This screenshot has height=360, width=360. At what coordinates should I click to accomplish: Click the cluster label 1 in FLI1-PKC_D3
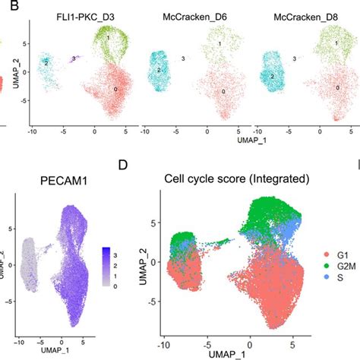coord(109,37)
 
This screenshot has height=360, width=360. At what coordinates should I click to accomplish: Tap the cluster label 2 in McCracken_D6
coord(160,70)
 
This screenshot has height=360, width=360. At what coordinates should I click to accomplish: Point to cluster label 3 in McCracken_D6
coord(183,58)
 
